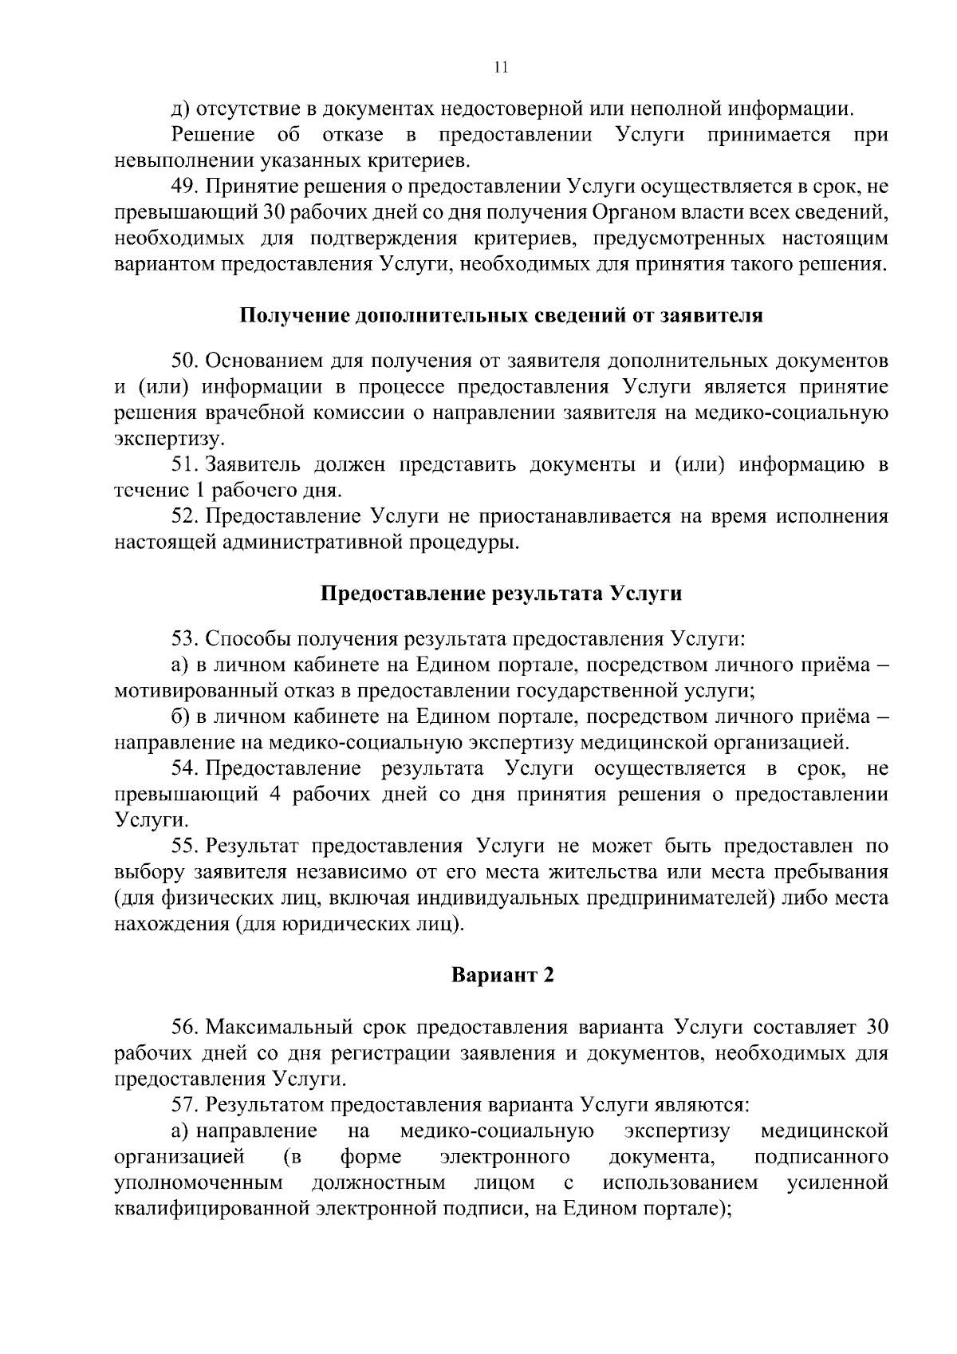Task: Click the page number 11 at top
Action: tap(501, 68)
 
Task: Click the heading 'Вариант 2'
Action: tap(502, 975)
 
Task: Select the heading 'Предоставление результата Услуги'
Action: tap(502, 594)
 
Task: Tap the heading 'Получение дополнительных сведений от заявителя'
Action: tap(502, 315)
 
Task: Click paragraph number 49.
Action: tap(184, 187)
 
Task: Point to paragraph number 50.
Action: tap(184, 361)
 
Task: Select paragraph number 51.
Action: tap(184, 464)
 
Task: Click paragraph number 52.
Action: tap(184, 516)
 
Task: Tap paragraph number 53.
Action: tap(184, 639)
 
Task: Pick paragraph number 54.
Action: tap(184, 768)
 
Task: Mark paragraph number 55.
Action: tap(184, 846)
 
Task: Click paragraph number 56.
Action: tap(184, 1027)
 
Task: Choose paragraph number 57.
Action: tap(184, 1105)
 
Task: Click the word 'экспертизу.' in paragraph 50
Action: tap(170, 439)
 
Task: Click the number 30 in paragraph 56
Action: tap(876, 1027)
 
